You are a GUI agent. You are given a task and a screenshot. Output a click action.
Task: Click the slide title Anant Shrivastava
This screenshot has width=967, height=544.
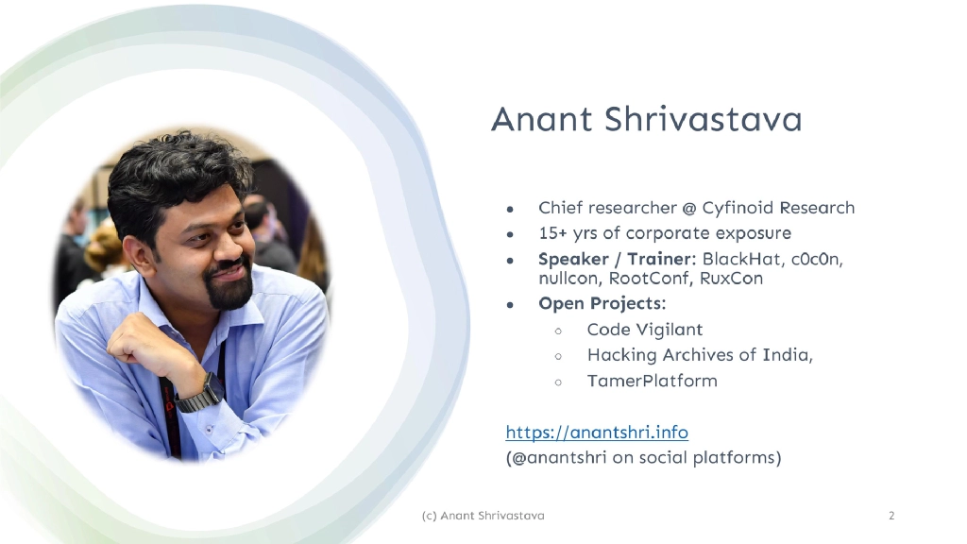click(646, 121)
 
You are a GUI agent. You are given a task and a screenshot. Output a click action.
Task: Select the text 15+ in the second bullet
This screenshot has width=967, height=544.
click(552, 232)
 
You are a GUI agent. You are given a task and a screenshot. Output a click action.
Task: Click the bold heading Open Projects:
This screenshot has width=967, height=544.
click(602, 304)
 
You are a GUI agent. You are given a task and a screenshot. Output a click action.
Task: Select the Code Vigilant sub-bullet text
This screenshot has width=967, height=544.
click(644, 330)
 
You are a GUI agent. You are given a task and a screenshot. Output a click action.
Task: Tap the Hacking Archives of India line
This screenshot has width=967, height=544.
click(700, 355)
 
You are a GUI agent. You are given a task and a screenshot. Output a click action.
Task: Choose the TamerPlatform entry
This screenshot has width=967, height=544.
click(652, 381)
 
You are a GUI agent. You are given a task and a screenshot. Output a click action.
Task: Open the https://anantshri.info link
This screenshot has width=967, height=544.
click(597, 433)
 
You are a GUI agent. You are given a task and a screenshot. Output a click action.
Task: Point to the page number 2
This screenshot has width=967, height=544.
click(891, 516)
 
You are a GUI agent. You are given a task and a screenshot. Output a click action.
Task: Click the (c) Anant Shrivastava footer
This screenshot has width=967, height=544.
click(482, 516)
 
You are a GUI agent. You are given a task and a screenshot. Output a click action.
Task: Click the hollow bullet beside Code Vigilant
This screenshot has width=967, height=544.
click(558, 331)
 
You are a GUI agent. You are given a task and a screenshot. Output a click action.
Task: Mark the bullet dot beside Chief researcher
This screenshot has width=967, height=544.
click(510, 209)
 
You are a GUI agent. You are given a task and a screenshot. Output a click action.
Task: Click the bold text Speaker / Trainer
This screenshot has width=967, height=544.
click(616, 258)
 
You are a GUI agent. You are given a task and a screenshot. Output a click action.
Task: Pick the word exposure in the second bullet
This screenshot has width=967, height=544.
click(753, 233)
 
